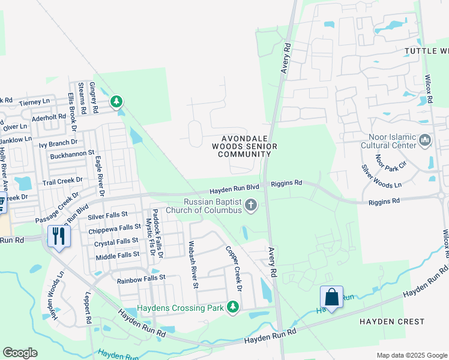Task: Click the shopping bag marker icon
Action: (331, 296)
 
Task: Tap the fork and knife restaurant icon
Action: (58, 235)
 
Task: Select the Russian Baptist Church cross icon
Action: (252, 206)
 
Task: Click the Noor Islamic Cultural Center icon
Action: (426, 140)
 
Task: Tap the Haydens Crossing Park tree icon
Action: (234, 308)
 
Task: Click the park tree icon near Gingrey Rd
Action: (116, 103)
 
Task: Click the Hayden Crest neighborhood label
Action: (391, 322)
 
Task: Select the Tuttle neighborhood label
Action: (426, 51)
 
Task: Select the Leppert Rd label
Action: (88, 308)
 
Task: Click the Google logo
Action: (20, 353)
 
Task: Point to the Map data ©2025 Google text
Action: (411, 355)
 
